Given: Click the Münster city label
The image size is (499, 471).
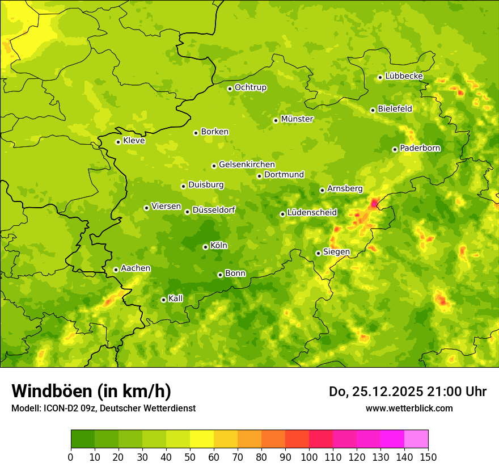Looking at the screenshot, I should pos(297,119).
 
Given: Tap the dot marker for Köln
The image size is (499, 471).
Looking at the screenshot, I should pos(205,247).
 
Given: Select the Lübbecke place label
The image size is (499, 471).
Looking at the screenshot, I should pos(404,76).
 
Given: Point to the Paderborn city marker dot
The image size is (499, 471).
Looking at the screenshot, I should pos(395,149).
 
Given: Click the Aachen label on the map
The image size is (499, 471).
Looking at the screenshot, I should pos(136,268).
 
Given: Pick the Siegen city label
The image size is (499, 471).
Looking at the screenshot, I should pos(336,252).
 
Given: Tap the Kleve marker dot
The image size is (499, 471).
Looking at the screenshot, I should pos(118,142).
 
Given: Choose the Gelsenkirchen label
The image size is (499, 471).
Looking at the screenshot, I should pos(247,165).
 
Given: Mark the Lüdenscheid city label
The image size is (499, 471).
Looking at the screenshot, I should pos(312,213).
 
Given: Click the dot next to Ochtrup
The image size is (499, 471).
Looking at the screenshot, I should pos(230,89).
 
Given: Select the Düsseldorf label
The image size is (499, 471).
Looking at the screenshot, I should pos(214,210).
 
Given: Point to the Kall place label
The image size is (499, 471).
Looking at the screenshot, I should pos(176,298).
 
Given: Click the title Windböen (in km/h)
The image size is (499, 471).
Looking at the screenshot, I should pos(91,391).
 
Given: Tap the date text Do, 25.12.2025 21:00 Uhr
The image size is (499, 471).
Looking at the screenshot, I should pos(408,392).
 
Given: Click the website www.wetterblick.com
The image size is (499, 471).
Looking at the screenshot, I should pos(409,408).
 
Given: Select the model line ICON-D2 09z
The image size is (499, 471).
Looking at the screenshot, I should pos(103,408).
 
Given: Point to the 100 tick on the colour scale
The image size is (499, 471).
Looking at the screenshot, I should pos(309,457).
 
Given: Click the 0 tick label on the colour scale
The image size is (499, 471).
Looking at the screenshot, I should pos(71,457).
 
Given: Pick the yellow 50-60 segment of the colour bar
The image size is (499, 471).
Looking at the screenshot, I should pos(202,439).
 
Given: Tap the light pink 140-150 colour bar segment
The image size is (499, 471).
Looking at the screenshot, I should pos(416,439).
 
